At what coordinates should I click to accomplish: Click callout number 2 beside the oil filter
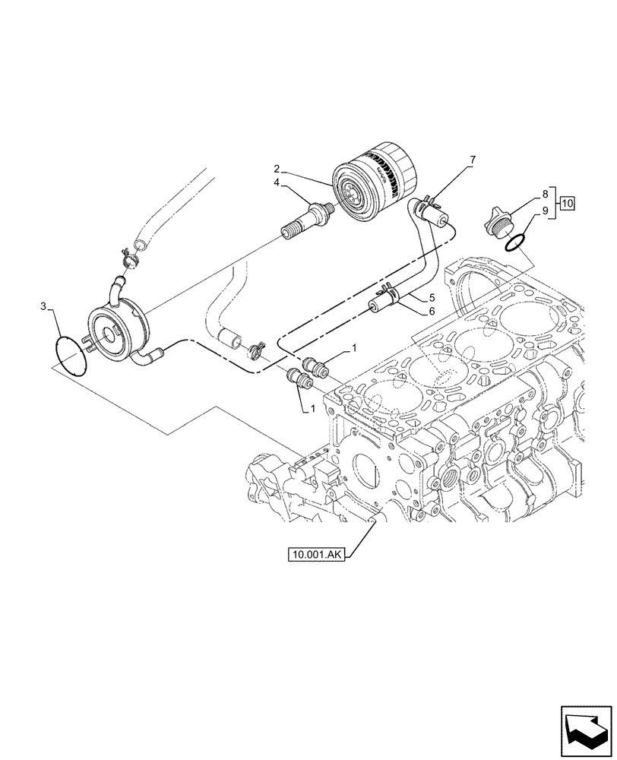click(278, 168)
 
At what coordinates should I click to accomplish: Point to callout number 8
click(544, 195)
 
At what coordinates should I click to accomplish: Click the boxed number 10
click(568, 204)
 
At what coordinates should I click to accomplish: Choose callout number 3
click(43, 307)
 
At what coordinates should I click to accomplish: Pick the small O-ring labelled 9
click(514, 242)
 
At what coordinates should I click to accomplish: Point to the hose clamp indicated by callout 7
click(429, 203)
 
